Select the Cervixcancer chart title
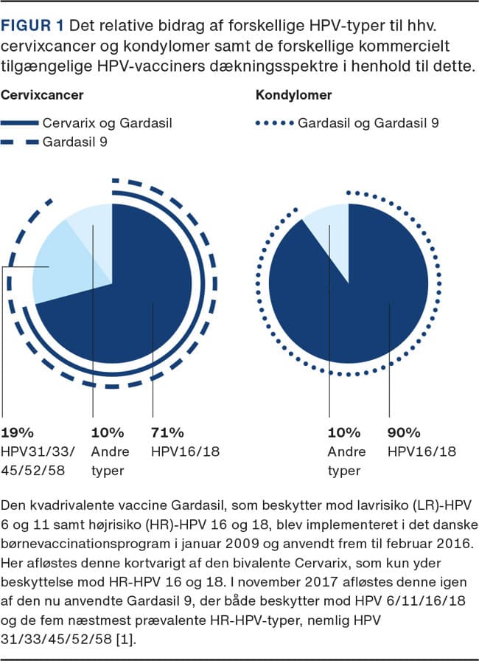(41, 96)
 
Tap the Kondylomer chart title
(293, 96)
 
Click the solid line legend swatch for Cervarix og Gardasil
(19, 122)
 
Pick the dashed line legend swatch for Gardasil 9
(19, 142)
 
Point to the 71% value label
(167, 433)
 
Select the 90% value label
(403, 433)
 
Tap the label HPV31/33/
(34, 449)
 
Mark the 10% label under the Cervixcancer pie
(106, 433)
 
